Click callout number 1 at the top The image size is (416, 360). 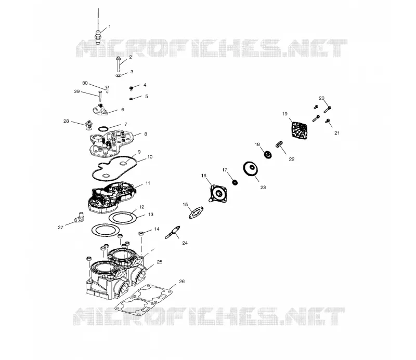pos(110,26)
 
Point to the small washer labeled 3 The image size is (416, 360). pos(119,75)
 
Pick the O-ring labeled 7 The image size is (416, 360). pos(103,129)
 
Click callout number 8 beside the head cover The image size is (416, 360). pos(146,134)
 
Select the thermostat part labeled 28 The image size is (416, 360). pos(89,125)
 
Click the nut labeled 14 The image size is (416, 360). pos(141,233)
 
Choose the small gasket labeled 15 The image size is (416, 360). pos(196,213)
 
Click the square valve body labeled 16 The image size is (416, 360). pos(218,194)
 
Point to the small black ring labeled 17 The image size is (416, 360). pos(235,182)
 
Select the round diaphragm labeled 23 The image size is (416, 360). pos(251,169)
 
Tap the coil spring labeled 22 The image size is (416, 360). pos(279,144)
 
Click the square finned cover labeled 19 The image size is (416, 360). pos(300,130)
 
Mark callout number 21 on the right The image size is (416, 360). pos(337,133)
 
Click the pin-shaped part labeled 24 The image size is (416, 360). pos(173,232)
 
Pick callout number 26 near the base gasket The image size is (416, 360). pos(181,281)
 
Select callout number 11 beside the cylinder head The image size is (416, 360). pos(148,183)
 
